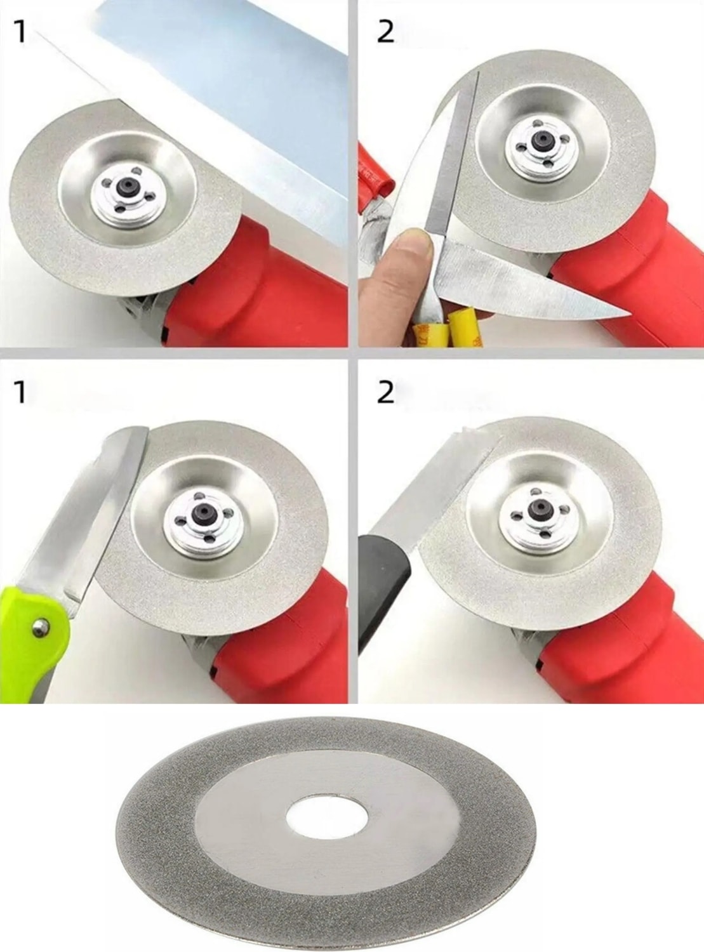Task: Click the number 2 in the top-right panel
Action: pos(385,31)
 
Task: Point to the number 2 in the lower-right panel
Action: pos(385,392)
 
